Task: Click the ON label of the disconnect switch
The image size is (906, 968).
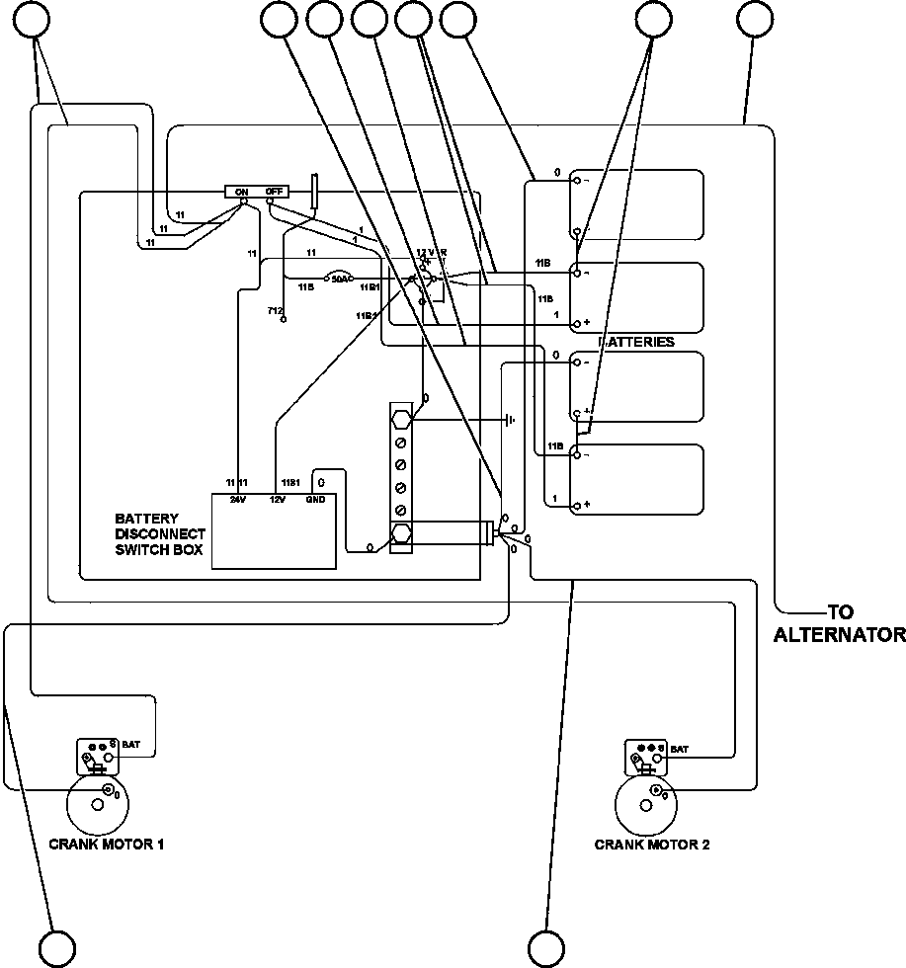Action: point(241,192)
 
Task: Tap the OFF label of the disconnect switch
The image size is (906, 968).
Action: point(275,192)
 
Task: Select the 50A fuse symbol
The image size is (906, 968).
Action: point(338,280)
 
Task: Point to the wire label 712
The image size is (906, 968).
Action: point(276,311)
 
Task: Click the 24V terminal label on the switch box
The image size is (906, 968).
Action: point(237,500)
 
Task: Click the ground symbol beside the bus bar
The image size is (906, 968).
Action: point(510,420)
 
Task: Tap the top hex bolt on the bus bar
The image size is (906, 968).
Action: point(402,419)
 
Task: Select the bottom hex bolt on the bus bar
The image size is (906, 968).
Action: point(402,534)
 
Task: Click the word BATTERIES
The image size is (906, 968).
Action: point(637,342)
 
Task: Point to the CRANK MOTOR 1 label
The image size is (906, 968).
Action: point(106,845)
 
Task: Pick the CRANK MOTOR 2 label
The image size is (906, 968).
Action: point(651,845)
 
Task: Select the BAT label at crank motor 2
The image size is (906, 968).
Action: point(680,750)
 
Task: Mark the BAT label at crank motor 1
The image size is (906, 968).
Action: point(131,744)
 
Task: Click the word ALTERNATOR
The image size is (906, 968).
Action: point(839,634)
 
